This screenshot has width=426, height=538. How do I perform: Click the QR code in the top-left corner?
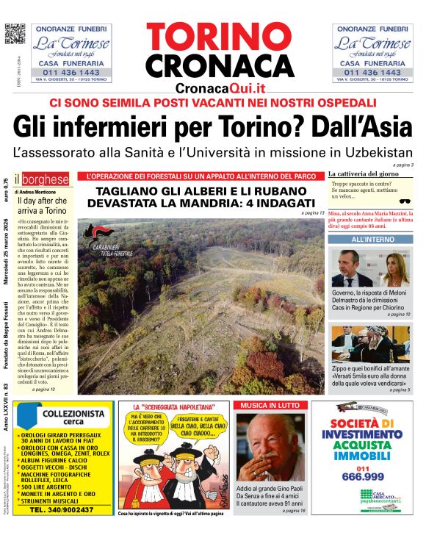point(15,34)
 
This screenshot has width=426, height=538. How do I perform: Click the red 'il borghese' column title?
point(46,179)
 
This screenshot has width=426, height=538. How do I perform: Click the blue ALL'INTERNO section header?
point(372,240)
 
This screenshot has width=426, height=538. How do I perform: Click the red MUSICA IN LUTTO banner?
point(268,405)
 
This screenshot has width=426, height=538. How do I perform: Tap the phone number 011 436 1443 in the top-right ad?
point(372,72)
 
